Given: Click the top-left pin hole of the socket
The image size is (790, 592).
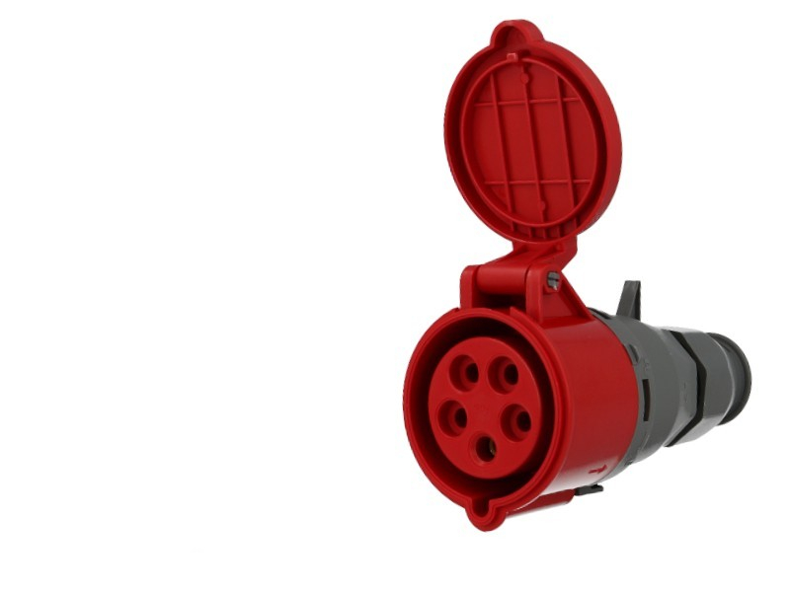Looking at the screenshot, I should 466,372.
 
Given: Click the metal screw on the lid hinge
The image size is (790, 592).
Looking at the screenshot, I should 553,280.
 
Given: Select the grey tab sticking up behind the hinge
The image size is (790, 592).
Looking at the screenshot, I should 629,299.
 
